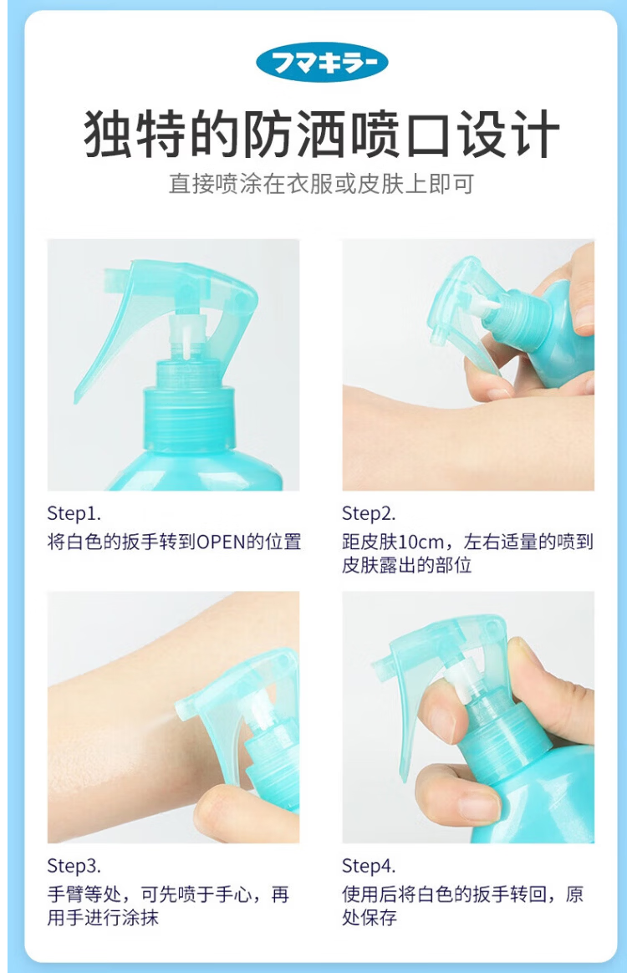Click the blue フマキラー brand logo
pyautogui.click(x=322, y=63)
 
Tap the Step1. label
pyautogui.click(x=74, y=514)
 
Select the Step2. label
pyautogui.click(x=369, y=514)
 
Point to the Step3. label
pyautogui.click(x=74, y=866)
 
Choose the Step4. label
pyautogui.click(x=369, y=866)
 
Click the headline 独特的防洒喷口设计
pyautogui.click(x=322, y=133)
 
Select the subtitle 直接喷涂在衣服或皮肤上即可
pyautogui.click(x=322, y=184)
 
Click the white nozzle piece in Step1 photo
pyautogui.click(x=187, y=339)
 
